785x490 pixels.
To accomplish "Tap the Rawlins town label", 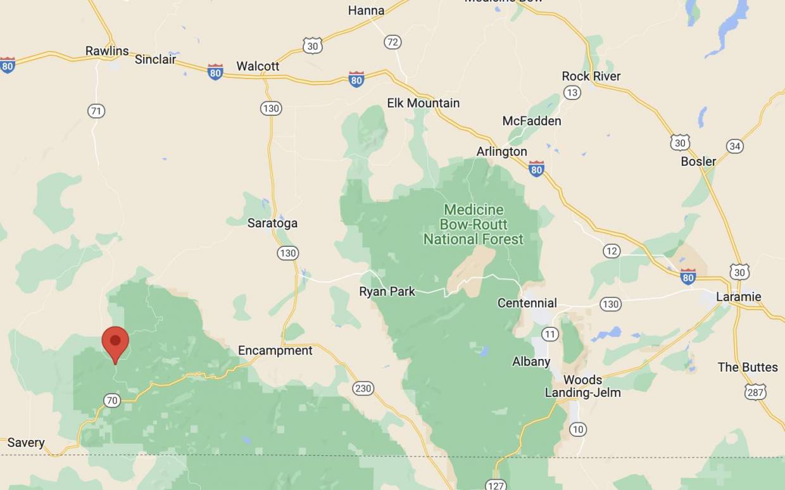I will (x=107, y=51).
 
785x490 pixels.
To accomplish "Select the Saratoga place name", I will (x=272, y=223).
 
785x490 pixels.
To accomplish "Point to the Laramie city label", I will (x=738, y=297).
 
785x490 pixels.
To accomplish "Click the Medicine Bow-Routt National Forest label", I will (x=473, y=224).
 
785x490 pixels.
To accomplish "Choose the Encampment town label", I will (x=275, y=351).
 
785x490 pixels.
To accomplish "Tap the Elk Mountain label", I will (x=424, y=103).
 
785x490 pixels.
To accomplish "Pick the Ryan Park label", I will (x=387, y=292).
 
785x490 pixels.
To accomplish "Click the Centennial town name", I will (x=527, y=303).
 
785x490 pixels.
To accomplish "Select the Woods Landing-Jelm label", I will (x=582, y=386).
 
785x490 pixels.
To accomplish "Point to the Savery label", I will (x=26, y=443).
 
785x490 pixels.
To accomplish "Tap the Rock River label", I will (x=591, y=76).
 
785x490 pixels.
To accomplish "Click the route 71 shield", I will (x=96, y=111).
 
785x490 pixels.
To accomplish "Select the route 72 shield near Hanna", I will (x=392, y=42).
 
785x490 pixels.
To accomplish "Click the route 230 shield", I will (x=363, y=388).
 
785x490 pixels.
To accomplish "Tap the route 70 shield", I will (x=111, y=400).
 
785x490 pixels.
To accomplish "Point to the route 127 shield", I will (x=496, y=484).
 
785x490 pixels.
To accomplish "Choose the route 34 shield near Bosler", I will (x=734, y=146).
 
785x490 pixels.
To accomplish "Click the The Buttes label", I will (x=748, y=367).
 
